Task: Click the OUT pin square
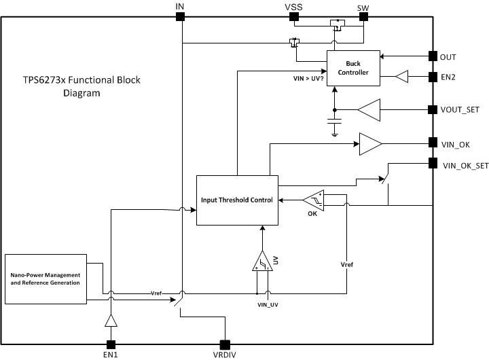coord(432,56)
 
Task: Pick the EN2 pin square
coord(432,77)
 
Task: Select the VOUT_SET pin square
coord(432,109)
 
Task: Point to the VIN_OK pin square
coord(432,143)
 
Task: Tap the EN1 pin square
coord(109,344)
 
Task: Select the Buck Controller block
coord(352,69)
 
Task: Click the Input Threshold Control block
coord(237,200)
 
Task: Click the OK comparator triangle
coord(313,200)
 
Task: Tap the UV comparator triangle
coord(261,262)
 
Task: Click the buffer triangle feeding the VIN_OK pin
coord(369,143)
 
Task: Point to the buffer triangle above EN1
coord(109,321)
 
